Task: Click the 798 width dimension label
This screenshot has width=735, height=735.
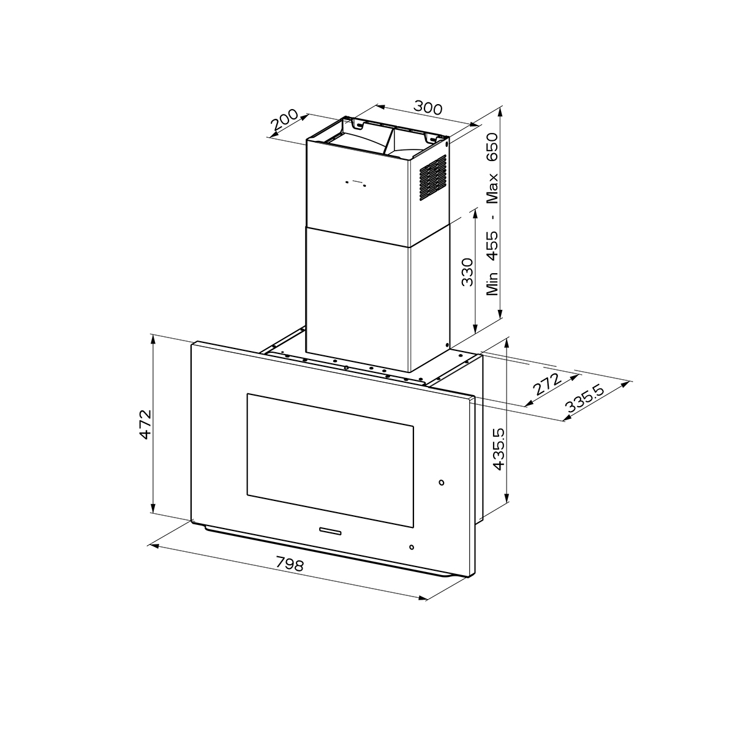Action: [290, 564]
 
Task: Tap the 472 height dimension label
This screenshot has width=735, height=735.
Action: [146, 424]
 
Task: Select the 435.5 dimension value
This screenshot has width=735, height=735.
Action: [499, 449]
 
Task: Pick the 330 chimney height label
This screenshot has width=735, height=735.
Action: [467, 272]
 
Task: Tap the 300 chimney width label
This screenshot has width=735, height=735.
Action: [428, 108]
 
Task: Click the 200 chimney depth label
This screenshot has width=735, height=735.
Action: [285, 120]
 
